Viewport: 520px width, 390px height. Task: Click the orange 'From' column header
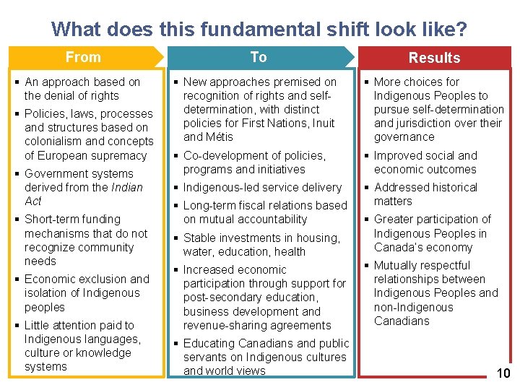click(83, 57)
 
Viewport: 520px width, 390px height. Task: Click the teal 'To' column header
click(259, 57)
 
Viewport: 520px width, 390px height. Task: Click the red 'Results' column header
click(434, 58)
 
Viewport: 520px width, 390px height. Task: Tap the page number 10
click(503, 373)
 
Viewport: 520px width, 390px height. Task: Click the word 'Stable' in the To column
click(200, 238)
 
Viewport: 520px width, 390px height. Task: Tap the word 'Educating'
click(209, 343)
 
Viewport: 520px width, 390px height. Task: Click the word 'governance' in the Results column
click(404, 136)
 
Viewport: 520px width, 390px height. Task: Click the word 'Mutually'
click(398, 265)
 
